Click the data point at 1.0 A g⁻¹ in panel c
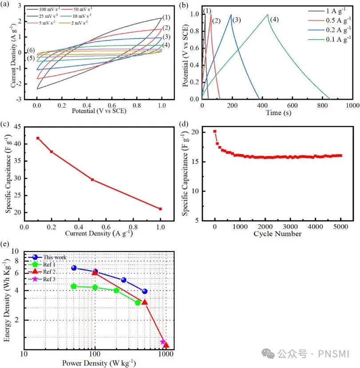coord(160,209)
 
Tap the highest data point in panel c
coord(38,138)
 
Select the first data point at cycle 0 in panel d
coord(215,132)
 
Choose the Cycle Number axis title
coord(277,234)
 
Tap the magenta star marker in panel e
coord(163,342)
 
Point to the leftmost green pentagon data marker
coord(74,286)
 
